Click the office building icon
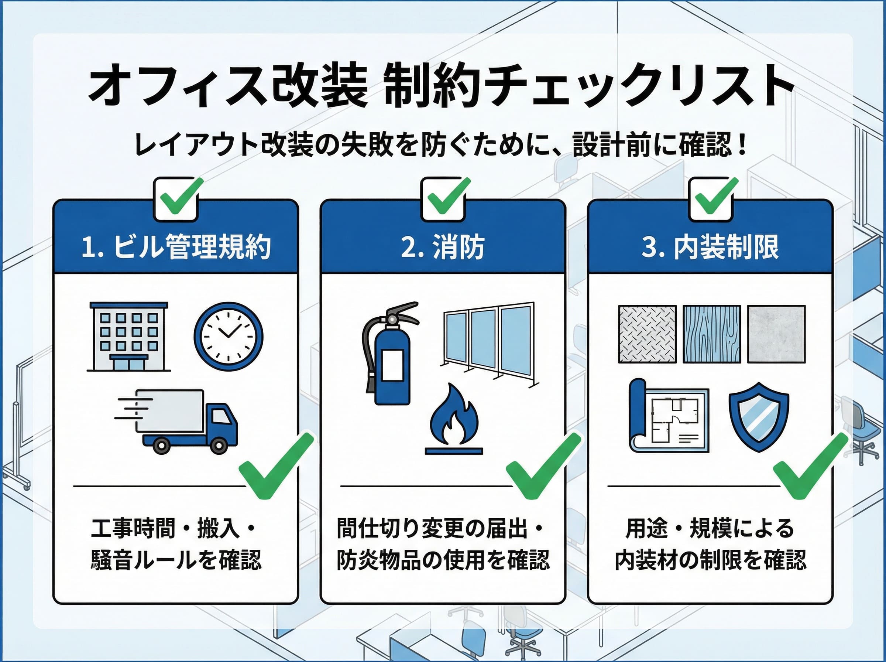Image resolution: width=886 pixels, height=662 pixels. pyautogui.click(x=128, y=337)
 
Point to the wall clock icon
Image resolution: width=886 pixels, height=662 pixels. pyautogui.click(x=228, y=336)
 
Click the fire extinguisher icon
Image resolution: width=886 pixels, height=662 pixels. pyautogui.click(x=388, y=353)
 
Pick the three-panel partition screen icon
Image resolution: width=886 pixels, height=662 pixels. pyautogui.click(x=488, y=342)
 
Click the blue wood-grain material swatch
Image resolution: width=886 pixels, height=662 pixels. pyautogui.click(x=711, y=334)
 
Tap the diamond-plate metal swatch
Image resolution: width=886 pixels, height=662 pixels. pyautogui.click(x=647, y=334)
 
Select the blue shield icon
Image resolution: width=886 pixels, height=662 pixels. pyautogui.click(x=758, y=417)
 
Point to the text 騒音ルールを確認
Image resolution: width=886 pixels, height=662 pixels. pyautogui.click(x=176, y=560)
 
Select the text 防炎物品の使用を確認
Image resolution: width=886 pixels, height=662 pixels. pyautogui.click(x=443, y=560)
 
